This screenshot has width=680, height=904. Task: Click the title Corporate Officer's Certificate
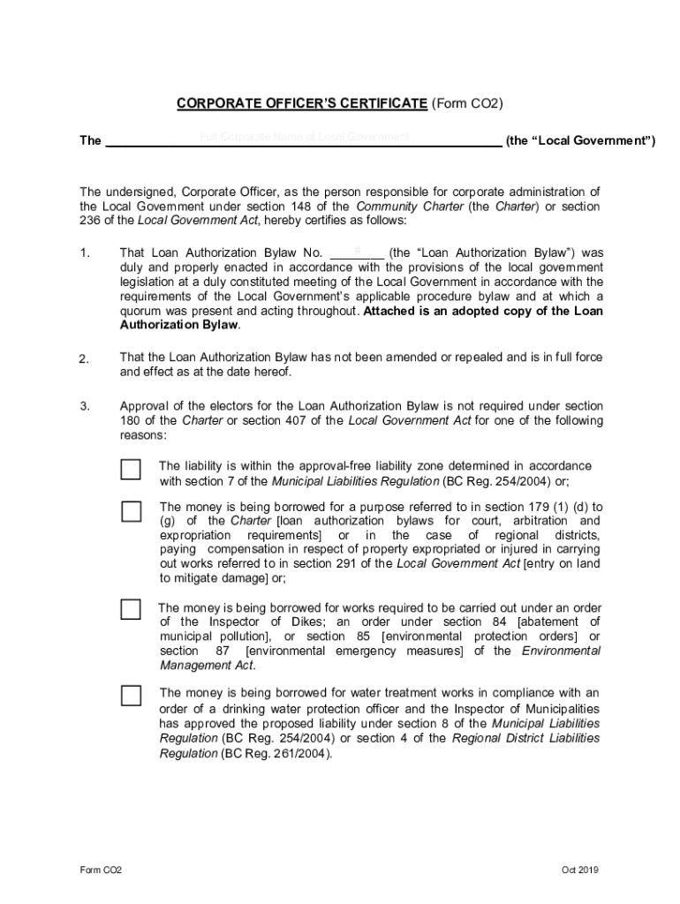pyautogui.click(x=302, y=104)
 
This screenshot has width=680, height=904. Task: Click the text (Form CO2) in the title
pyautogui.click(x=467, y=104)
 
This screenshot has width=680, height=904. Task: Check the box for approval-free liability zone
pyautogui.click(x=131, y=469)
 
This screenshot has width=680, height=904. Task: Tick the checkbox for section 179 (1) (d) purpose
pyautogui.click(x=131, y=511)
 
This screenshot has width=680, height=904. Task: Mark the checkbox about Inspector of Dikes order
pyautogui.click(x=131, y=609)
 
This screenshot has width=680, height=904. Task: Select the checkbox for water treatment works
pyautogui.click(x=131, y=695)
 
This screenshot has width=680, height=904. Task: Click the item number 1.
pyautogui.click(x=85, y=252)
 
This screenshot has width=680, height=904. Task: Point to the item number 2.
pyautogui.click(x=85, y=358)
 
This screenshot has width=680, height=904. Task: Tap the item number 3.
pyautogui.click(x=85, y=406)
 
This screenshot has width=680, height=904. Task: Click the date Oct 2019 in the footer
pyautogui.click(x=580, y=870)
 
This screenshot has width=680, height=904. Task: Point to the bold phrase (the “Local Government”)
pyautogui.click(x=580, y=140)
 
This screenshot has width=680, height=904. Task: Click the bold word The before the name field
pyautogui.click(x=90, y=140)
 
